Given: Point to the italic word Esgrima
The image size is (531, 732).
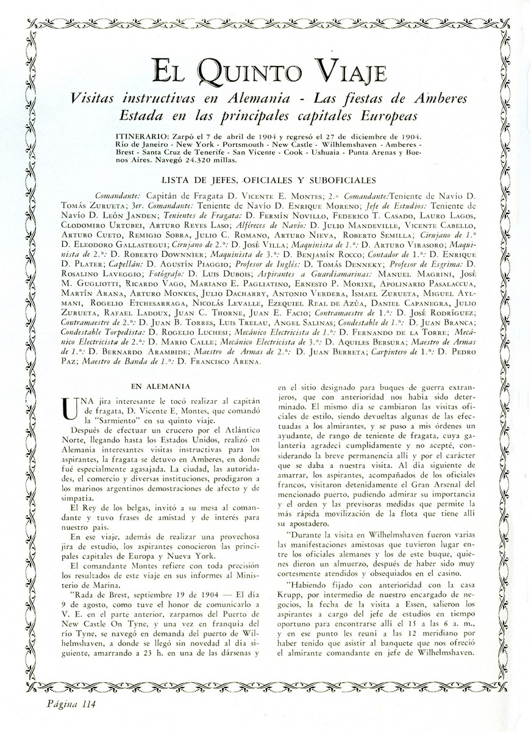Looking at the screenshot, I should click(447, 265).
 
